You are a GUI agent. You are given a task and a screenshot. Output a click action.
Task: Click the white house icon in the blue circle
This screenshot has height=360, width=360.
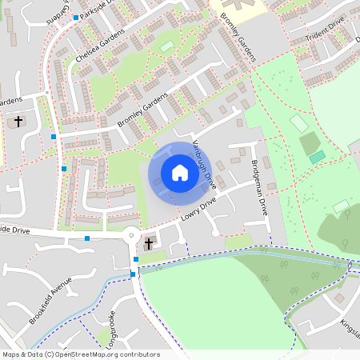[180, 173]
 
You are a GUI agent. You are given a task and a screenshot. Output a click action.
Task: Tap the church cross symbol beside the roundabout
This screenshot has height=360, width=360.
[149, 243]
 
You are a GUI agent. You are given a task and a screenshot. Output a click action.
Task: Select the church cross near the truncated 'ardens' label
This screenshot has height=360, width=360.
[18, 122]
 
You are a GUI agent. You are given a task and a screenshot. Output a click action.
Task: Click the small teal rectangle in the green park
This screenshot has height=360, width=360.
[318, 156]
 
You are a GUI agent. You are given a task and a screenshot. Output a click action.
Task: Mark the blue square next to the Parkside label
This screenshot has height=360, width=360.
[76, 17]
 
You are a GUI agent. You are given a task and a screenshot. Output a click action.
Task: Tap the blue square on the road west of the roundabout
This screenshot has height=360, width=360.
[87, 238]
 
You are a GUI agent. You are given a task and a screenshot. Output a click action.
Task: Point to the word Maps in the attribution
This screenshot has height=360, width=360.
[11, 354]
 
